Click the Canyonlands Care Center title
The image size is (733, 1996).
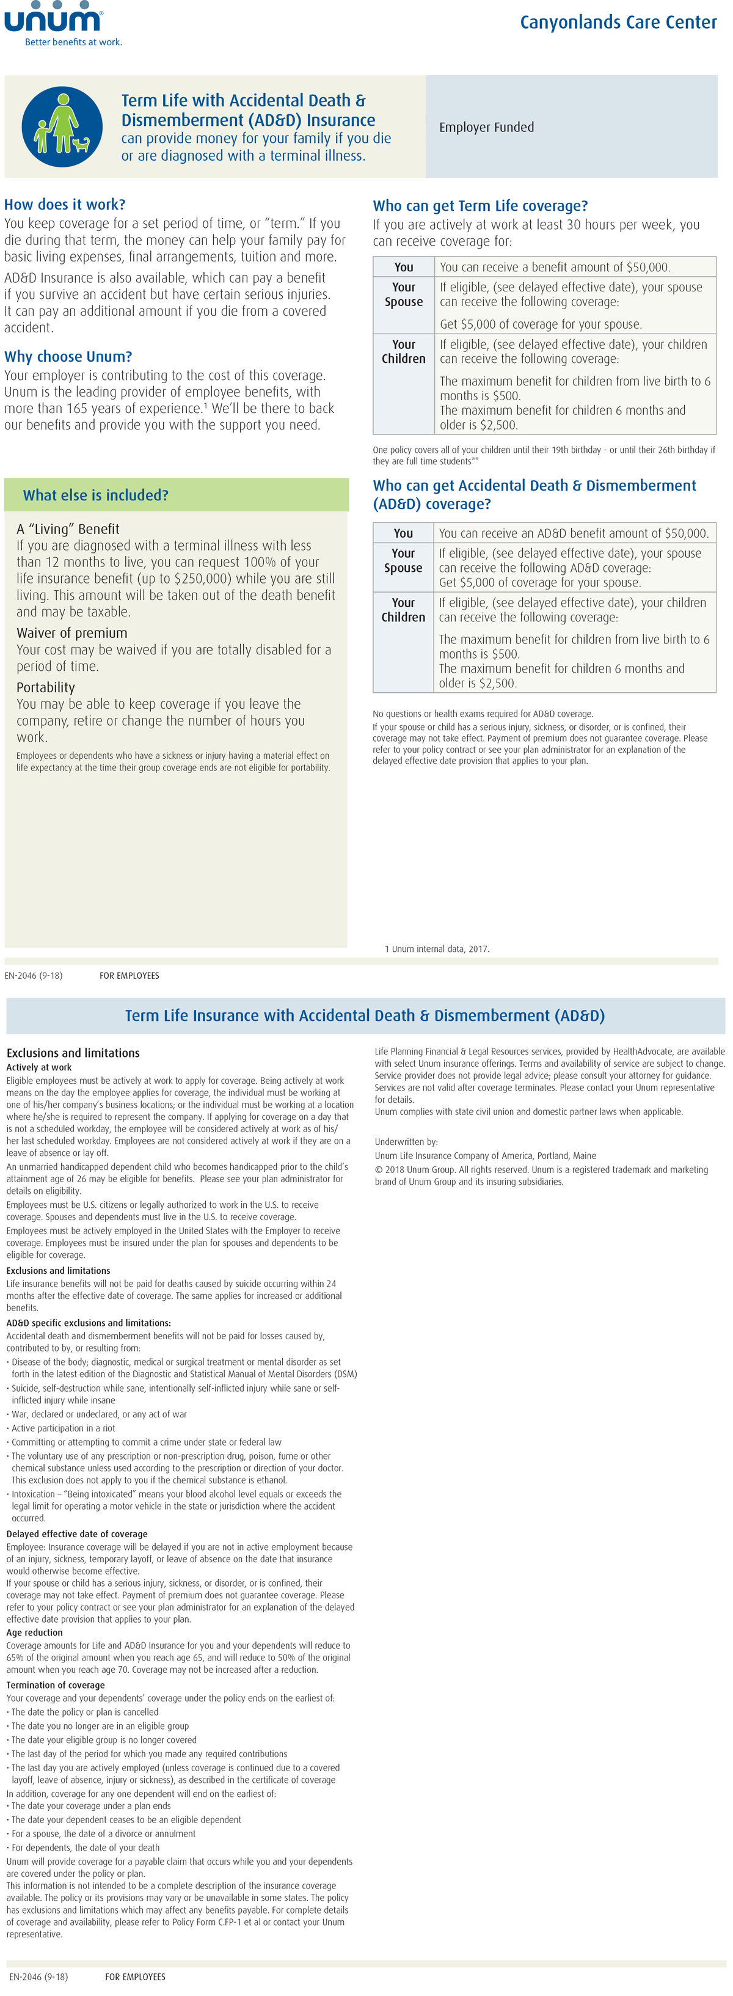click(618, 23)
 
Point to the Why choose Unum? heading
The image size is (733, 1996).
click(68, 356)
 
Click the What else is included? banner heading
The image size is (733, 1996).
click(95, 495)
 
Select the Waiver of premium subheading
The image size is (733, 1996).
click(71, 633)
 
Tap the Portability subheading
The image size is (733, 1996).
click(46, 687)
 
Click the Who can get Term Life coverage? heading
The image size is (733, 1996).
click(480, 206)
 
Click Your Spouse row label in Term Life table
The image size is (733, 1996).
click(404, 294)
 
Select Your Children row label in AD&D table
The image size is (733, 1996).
click(403, 610)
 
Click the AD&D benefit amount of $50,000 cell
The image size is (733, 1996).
click(574, 533)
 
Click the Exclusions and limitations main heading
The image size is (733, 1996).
click(73, 1053)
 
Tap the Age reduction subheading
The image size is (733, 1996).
click(35, 1632)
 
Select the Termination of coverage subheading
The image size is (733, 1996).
click(55, 1684)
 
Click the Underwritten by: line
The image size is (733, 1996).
click(406, 1141)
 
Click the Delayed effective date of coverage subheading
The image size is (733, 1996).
click(77, 1534)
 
